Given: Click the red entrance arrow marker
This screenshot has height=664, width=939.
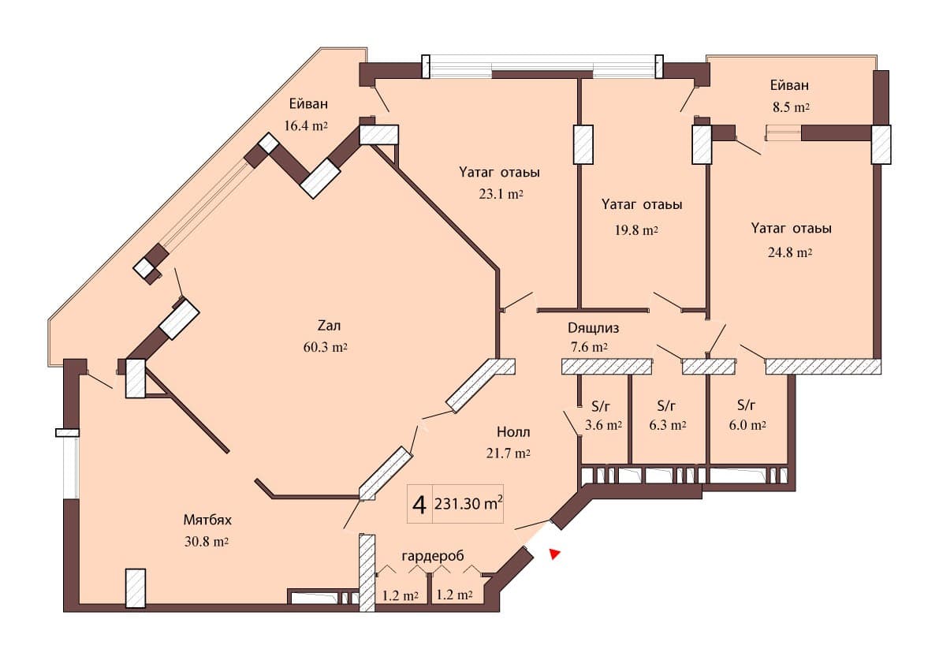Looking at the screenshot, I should coord(555,554).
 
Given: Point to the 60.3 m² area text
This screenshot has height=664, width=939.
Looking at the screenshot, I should coord(326,346).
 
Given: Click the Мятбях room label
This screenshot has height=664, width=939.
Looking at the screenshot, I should coord(207,521).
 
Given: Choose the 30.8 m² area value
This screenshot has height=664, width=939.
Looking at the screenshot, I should coord(207,542).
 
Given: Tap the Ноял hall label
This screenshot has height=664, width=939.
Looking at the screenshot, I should coord(513,432).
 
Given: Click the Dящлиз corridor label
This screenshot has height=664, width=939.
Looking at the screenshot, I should coord(593,327).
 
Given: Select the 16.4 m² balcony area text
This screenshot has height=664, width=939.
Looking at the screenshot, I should coord(306,125).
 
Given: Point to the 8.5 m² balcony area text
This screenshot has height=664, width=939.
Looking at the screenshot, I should coord(790,106).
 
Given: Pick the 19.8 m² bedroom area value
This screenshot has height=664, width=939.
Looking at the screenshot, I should coord(635,230).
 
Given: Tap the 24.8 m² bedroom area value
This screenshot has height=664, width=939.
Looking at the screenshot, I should coord(790,252).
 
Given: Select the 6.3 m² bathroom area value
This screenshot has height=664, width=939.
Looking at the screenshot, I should coord(666,425).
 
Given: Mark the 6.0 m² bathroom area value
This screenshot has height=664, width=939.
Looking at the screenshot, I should coord(745,425).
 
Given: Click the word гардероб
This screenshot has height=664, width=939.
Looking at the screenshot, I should coord(431,556).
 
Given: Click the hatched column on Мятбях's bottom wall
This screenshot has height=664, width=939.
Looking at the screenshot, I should coord(135,588).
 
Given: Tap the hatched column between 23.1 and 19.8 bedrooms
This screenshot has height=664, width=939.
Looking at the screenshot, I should coord(583,145).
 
